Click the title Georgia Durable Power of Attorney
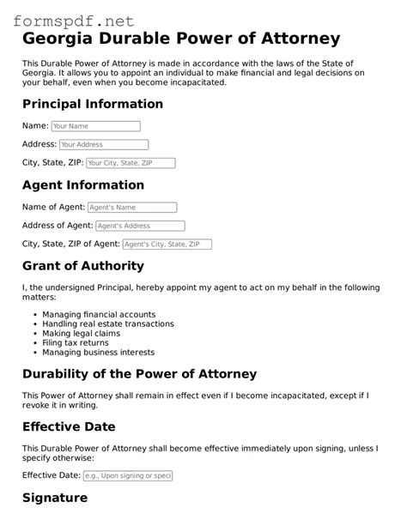click(181, 39)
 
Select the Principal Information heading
click(93, 104)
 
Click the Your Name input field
click(95, 126)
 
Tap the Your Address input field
click(103, 144)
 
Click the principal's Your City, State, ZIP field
click(131, 162)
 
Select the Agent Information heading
click(83, 184)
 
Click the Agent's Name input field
click(132, 207)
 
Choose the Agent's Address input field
click(140, 226)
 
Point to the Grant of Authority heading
click(83, 266)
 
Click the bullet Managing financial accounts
click(99, 315)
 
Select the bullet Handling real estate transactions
click(108, 324)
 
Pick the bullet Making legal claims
click(81, 334)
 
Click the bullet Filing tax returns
click(77, 343)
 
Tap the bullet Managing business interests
click(98, 353)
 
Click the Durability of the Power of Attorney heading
click(139, 374)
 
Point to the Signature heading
click(55, 498)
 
